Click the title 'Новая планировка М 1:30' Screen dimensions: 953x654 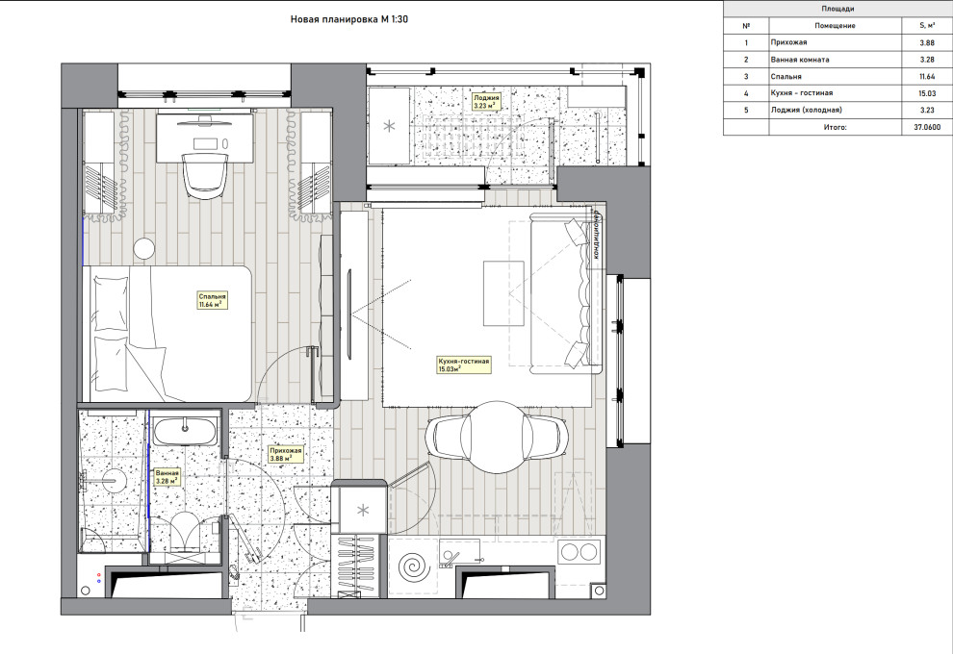[348, 19]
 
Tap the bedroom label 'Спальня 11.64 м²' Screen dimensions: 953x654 [212, 301]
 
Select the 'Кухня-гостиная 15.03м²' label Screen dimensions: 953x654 [464, 365]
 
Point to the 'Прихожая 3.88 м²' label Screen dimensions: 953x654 [286, 454]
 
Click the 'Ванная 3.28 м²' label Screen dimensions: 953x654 [167, 477]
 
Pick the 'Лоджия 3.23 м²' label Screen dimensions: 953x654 [486, 101]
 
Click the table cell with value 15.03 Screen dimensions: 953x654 [927, 93]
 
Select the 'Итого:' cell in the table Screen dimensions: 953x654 [836, 128]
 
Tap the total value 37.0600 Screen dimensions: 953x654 [927, 128]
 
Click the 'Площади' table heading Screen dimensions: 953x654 [837, 9]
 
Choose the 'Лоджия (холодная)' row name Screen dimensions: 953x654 [807, 110]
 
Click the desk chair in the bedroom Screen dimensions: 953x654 [205, 174]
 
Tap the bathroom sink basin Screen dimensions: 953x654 [184, 432]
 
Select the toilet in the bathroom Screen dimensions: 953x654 [184, 531]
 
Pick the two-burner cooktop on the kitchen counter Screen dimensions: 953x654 [579, 552]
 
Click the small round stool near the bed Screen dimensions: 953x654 [145, 249]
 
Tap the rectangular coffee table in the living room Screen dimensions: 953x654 [503, 293]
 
